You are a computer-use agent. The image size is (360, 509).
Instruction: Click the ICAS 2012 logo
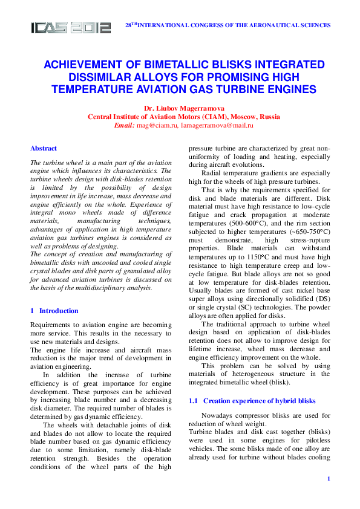pyautogui.click(x=71, y=28)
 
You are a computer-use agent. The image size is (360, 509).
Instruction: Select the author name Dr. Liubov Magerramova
pyautogui.click(x=183, y=108)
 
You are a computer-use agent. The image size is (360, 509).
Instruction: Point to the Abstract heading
pyautogui.click(x=44, y=148)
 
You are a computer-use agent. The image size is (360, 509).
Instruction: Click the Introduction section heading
pyautogui.click(x=58, y=311)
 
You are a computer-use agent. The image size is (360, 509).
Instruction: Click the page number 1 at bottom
pyautogui.click(x=328, y=479)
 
